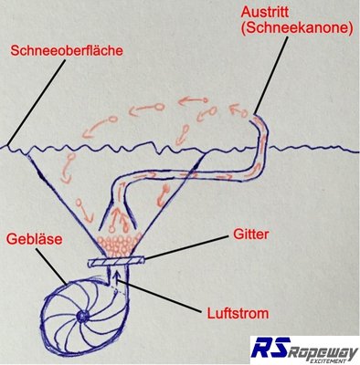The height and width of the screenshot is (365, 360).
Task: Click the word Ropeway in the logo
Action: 323,346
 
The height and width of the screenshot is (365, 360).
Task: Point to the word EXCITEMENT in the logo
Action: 324,359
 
